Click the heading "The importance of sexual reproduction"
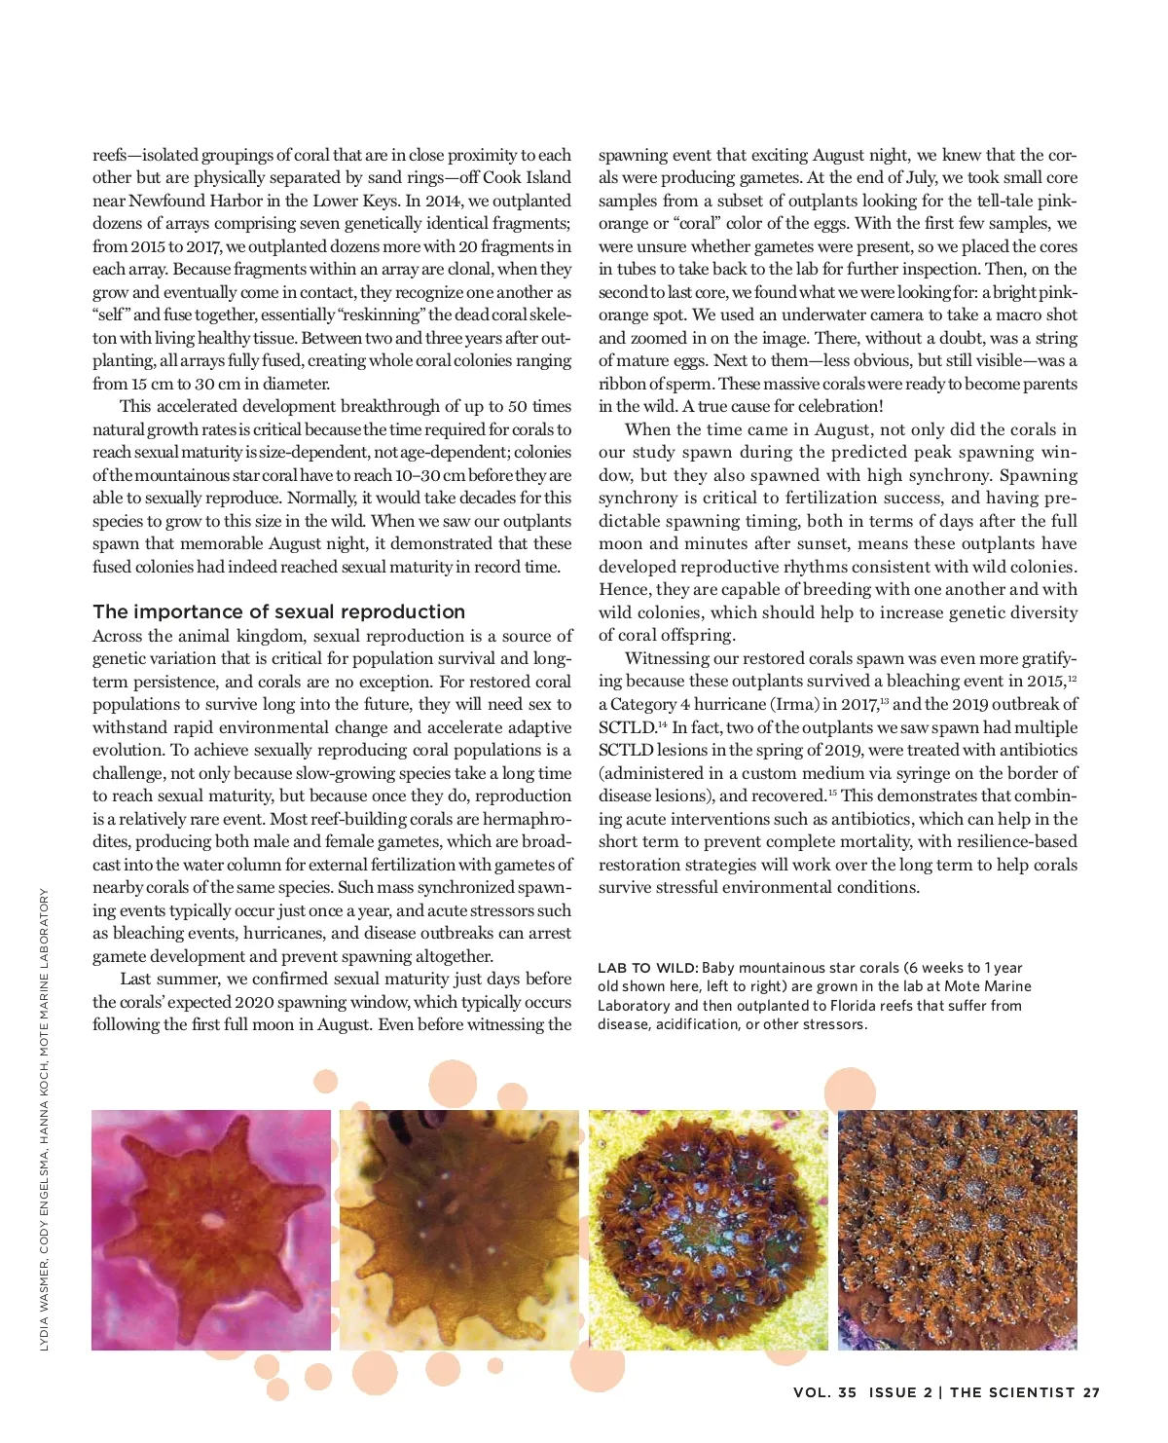[x=278, y=611]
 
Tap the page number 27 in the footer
[x=1091, y=1392]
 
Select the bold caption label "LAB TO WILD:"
[x=647, y=968]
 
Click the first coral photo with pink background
[x=211, y=1230]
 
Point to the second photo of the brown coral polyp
[x=459, y=1230]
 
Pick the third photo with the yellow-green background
[x=709, y=1230]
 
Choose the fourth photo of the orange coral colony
[x=958, y=1230]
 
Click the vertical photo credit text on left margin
[x=45, y=1120]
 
